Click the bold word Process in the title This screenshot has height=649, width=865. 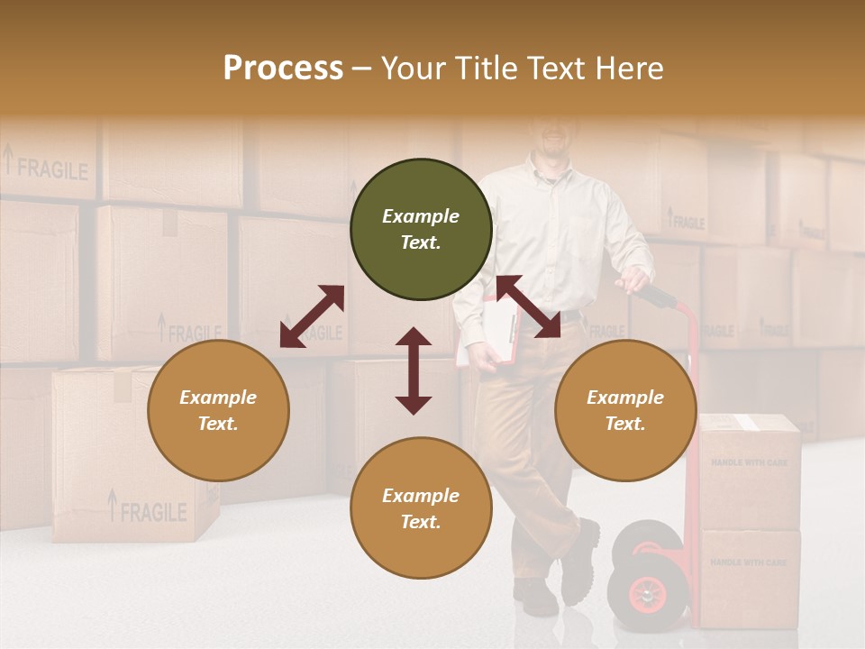(283, 69)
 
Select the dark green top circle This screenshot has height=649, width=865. (421, 230)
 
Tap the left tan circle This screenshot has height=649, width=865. (218, 410)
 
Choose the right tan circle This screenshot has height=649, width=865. (625, 410)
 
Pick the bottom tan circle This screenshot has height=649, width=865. (421, 508)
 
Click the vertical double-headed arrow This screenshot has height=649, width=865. (414, 370)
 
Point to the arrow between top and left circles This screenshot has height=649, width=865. (312, 316)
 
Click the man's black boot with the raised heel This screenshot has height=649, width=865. (579, 561)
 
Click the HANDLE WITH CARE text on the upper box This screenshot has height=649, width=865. (749, 462)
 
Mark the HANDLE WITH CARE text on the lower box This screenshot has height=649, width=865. (749, 562)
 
